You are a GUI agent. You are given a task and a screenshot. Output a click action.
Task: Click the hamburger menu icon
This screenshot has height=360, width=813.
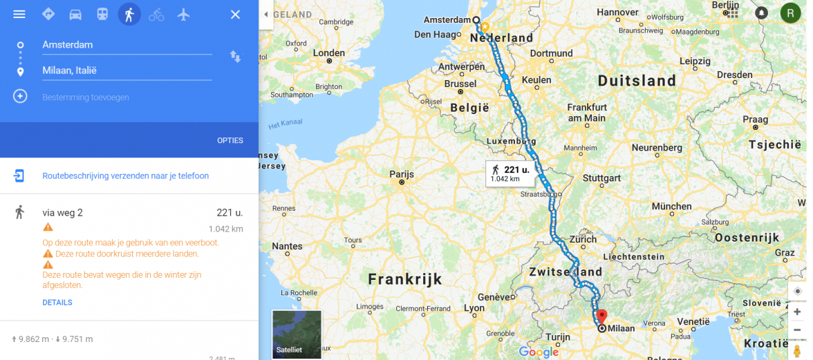[19, 15]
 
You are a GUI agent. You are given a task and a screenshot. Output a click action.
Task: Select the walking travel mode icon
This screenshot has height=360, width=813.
[129, 15]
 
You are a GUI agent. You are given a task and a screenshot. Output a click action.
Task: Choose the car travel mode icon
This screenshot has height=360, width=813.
[75, 15]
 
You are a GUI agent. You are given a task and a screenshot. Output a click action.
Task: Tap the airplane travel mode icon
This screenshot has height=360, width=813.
[183, 15]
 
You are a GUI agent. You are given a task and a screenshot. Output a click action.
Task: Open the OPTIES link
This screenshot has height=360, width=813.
[230, 140]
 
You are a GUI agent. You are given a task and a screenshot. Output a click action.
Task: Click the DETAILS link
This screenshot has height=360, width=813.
[57, 303]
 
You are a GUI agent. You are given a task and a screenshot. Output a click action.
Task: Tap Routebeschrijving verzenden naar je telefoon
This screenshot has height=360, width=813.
[125, 176]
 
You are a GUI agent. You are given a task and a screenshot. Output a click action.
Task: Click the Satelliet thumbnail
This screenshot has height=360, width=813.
[297, 334]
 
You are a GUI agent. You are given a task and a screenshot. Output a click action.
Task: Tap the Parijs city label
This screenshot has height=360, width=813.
[402, 174]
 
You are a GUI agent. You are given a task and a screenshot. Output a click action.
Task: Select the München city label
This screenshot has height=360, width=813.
[671, 206]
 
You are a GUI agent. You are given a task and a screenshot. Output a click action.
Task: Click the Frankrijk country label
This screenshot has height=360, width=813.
[404, 279]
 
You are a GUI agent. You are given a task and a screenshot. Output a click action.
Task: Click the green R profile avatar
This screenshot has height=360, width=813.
[790, 12]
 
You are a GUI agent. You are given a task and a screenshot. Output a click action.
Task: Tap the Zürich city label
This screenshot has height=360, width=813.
[583, 240]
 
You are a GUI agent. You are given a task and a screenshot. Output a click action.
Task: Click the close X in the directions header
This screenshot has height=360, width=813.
[235, 15]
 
